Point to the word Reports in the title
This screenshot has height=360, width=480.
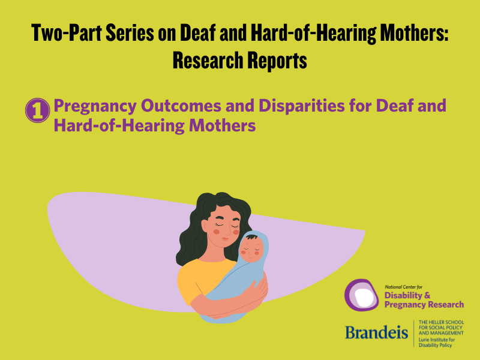point(277,60)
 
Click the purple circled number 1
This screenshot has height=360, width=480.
point(37,110)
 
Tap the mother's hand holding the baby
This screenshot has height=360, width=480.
point(255,294)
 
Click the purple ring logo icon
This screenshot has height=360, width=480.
point(362,295)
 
